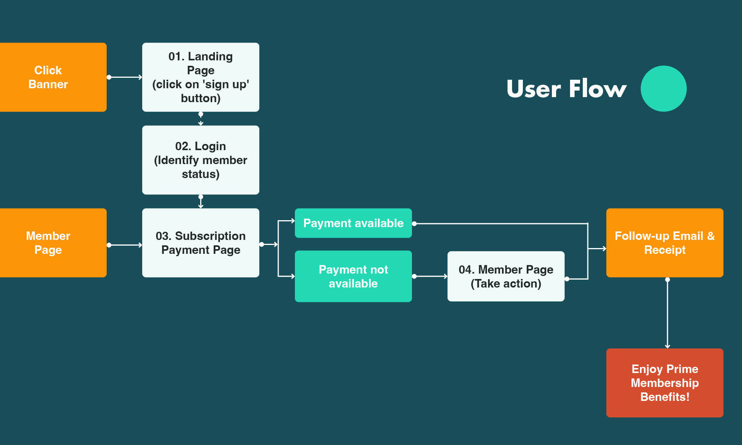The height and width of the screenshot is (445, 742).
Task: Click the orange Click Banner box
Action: (x=53, y=77)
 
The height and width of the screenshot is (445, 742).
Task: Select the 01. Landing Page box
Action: (x=201, y=77)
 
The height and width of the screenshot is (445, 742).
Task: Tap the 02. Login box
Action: (x=201, y=160)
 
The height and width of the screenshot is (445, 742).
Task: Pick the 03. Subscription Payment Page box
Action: (x=201, y=243)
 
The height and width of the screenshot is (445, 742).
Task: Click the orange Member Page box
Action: (x=53, y=243)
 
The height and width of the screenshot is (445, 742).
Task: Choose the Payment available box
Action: (x=353, y=223)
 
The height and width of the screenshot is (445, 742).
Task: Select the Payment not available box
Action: (x=353, y=276)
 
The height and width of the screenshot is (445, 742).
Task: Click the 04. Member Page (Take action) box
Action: (x=506, y=276)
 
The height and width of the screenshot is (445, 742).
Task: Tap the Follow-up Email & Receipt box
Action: (x=665, y=243)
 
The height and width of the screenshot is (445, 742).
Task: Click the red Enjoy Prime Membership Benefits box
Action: (x=665, y=383)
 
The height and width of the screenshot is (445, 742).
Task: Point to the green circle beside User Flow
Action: (x=664, y=89)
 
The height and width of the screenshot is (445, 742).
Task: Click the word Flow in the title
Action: (x=597, y=89)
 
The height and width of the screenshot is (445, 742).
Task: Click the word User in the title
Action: (x=534, y=89)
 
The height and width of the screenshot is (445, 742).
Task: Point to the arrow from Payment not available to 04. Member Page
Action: (x=430, y=276)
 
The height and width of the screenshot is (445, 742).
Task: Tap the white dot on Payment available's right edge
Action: (x=414, y=224)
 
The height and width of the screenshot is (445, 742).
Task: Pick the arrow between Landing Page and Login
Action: (x=201, y=118)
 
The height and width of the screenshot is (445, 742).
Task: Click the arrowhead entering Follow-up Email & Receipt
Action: (x=604, y=248)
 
